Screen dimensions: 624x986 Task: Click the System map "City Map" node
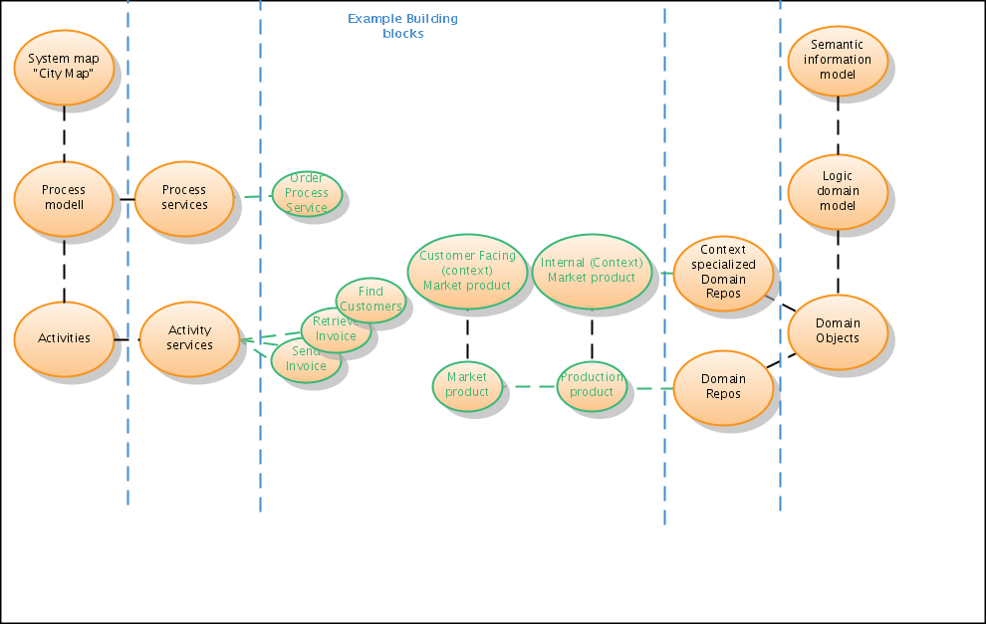pyautogui.click(x=64, y=66)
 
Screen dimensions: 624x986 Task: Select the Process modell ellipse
pyautogui.click(x=64, y=197)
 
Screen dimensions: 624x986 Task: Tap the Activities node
pyautogui.click(x=64, y=338)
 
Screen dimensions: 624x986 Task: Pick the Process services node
pyautogui.click(x=184, y=197)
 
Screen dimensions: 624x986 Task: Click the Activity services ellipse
pyautogui.click(x=189, y=338)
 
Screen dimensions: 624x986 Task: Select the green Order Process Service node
pyautogui.click(x=307, y=193)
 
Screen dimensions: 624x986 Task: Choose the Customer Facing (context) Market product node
pyautogui.click(x=467, y=271)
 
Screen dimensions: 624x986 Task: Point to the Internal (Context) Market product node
pyautogui.click(x=592, y=271)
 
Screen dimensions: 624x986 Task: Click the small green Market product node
pyautogui.click(x=467, y=385)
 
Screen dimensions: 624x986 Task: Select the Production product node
pyautogui.click(x=592, y=385)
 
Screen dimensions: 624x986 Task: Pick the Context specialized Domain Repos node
pyautogui.click(x=723, y=272)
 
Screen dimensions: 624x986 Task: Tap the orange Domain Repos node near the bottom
pyautogui.click(x=723, y=387)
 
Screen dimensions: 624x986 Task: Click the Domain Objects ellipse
pyautogui.click(x=838, y=330)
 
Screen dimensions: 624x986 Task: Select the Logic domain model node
pyautogui.click(x=838, y=191)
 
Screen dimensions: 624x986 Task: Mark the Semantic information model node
pyautogui.click(x=838, y=59)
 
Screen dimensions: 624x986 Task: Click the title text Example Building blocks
pyautogui.click(x=402, y=26)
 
